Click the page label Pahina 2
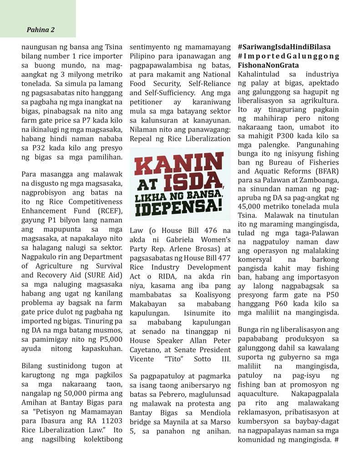point(41,30)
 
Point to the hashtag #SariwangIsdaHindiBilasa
point(284,47)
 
